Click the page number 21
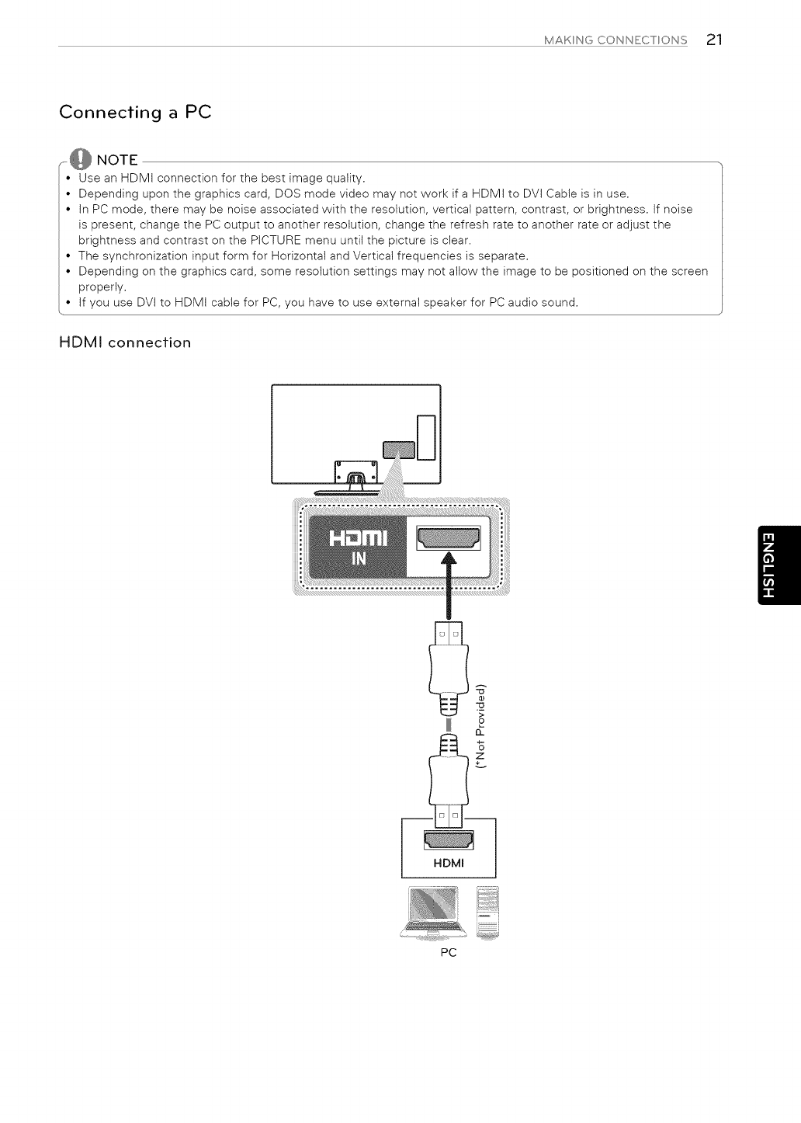(714, 40)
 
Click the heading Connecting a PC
(135, 112)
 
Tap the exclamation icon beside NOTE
(80, 161)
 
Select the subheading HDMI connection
(125, 342)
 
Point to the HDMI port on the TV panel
(449, 537)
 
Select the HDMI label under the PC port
(449, 864)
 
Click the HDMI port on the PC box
(449, 840)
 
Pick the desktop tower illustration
(487, 913)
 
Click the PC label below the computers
(448, 952)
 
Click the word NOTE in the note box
(116, 161)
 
